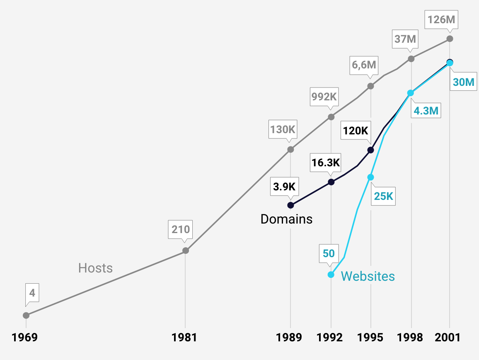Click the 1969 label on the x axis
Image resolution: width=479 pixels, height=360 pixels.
pyautogui.click(x=25, y=338)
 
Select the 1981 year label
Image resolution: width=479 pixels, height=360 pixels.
pyautogui.click(x=184, y=338)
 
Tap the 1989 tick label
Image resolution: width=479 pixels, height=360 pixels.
pyautogui.click(x=290, y=338)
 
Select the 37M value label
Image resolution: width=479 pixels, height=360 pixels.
pyautogui.click(x=405, y=39)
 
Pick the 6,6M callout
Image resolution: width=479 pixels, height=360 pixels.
pyautogui.click(x=364, y=65)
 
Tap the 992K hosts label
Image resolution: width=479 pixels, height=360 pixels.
pyautogui.click(x=324, y=97)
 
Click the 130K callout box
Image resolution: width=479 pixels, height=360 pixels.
pyautogui.click(x=283, y=129)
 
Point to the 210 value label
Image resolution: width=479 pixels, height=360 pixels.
pyautogui.click(x=180, y=229)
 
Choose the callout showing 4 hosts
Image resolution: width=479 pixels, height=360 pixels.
pyautogui.click(x=32, y=294)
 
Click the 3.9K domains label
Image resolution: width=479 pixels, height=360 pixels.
pyautogui.click(x=284, y=187)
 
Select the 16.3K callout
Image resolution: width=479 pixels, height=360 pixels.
pyautogui.click(x=326, y=163)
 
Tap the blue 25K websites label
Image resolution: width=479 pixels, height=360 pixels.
pyautogui.click(x=383, y=196)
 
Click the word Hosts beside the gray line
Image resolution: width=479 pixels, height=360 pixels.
pyautogui.click(x=95, y=268)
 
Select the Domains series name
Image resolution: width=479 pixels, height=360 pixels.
pyautogui.click(x=286, y=219)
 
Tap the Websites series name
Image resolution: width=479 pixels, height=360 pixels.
pyautogui.click(x=368, y=276)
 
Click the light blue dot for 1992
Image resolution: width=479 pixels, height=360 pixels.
pyautogui.click(x=331, y=275)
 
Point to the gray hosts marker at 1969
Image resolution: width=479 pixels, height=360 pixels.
pyautogui.click(x=26, y=315)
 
